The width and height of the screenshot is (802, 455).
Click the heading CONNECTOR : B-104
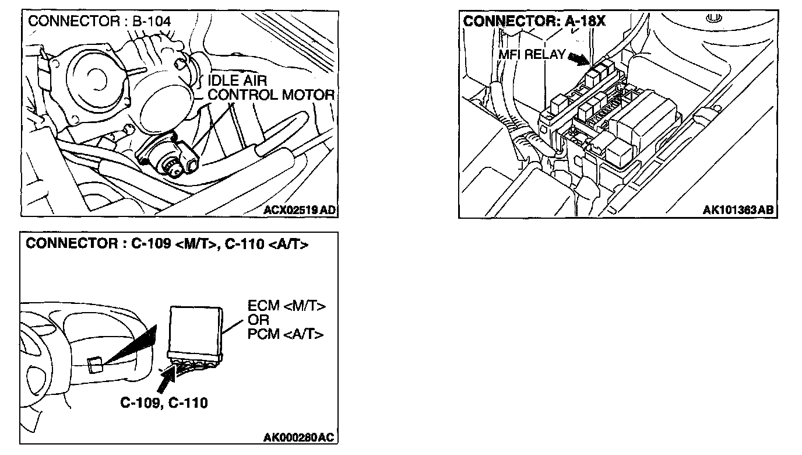pos(100,21)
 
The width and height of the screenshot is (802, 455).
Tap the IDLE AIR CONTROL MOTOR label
pos(271,87)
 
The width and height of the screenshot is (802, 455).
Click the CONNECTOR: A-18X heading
pos(534,21)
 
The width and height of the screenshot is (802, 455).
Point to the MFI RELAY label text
pos(532,55)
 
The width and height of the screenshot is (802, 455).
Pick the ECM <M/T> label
pos(286,306)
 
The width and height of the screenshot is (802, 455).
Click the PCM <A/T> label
pos(286,334)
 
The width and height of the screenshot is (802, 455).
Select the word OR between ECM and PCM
pos(258,320)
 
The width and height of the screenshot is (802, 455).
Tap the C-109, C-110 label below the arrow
pos(164,402)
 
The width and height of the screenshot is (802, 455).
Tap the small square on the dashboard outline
pos(95,366)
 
